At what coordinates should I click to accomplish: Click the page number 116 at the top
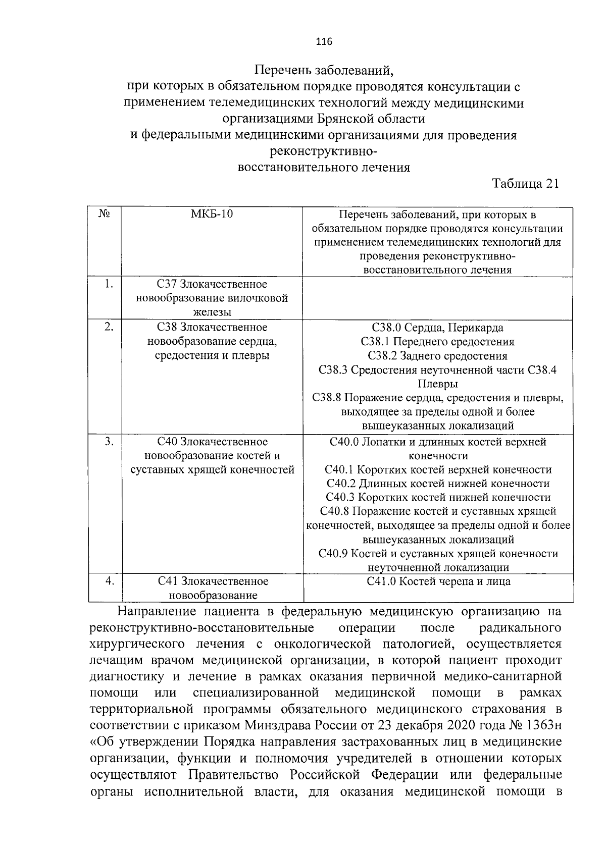point(324,42)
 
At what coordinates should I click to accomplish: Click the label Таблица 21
point(526,184)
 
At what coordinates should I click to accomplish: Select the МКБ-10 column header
point(212,215)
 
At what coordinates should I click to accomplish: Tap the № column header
point(105,215)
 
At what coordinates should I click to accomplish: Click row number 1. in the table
point(108,284)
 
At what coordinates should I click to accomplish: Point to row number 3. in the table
point(109,442)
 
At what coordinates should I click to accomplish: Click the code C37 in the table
point(166,285)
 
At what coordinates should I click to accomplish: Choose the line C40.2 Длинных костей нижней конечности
point(438,484)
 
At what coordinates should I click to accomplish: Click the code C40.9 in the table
point(333,554)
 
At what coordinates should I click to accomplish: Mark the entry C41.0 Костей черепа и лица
point(438,581)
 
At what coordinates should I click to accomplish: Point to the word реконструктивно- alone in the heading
point(324,151)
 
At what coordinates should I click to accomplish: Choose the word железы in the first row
point(212,312)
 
